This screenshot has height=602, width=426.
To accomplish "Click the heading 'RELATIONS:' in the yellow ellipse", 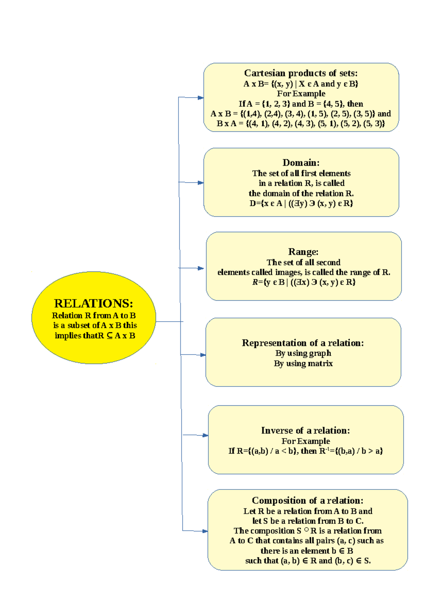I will coord(93,303).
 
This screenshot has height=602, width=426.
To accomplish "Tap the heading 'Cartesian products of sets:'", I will coord(301,73).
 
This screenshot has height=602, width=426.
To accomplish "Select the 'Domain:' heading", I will coord(301,163).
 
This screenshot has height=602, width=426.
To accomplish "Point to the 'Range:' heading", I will coord(303,252).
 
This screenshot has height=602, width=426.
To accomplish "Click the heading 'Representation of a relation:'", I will coord(303,343).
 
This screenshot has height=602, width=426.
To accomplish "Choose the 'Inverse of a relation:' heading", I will coord(305,431).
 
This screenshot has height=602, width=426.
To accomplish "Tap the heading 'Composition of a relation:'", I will coord(307,500).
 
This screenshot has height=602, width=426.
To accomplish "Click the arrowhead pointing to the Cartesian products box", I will coord(201,98).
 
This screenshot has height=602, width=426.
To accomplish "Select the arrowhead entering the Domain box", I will coord(201,183).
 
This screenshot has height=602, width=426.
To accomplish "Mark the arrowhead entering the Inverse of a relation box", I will coord(205,435).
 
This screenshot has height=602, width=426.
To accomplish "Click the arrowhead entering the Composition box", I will coord(205,531).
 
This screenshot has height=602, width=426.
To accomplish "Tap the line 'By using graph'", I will coord(303,353).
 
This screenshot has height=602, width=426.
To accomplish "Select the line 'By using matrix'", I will coord(303,363).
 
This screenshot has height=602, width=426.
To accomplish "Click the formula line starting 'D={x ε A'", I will coord(301,203).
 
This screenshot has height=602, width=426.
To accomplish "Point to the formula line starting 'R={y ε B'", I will coord(304,282).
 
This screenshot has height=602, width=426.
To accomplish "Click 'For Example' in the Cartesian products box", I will coord(301,94).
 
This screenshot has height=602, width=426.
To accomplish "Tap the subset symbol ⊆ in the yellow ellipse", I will coord(109,335).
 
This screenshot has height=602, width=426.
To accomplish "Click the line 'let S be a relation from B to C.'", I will coord(308,521).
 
